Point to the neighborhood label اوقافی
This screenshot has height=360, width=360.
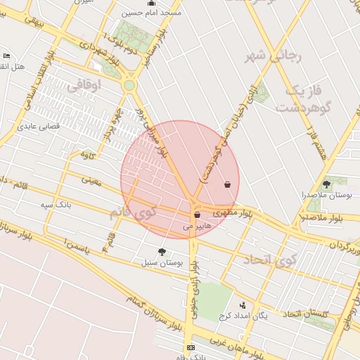pos(84,86)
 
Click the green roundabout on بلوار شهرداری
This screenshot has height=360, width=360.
pos(129,86)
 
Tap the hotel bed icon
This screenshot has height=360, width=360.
pos(6,56)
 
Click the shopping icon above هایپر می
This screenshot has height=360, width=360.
pos(196,215)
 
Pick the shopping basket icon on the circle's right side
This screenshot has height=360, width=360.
pos(226,185)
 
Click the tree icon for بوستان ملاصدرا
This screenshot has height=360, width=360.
pos(326,184)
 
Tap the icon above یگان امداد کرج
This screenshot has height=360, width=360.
pos(243,305)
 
